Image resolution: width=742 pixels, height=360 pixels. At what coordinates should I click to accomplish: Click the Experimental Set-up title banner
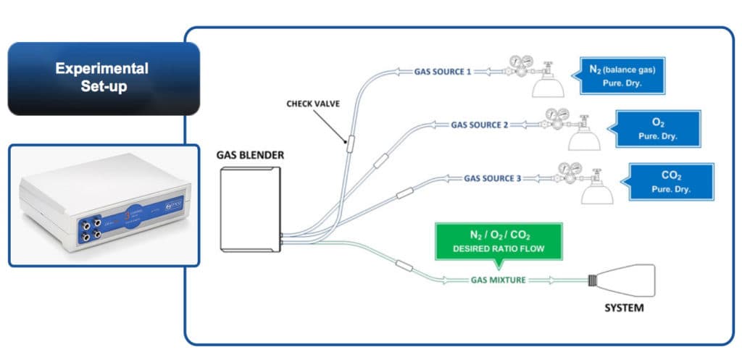pyautogui.click(x=103, y=78)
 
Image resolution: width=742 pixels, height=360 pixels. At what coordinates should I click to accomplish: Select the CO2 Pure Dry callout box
pyautogui.click(x=670, y=181)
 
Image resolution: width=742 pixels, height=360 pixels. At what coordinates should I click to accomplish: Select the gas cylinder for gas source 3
pyautogui.click(x=596, y=191)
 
